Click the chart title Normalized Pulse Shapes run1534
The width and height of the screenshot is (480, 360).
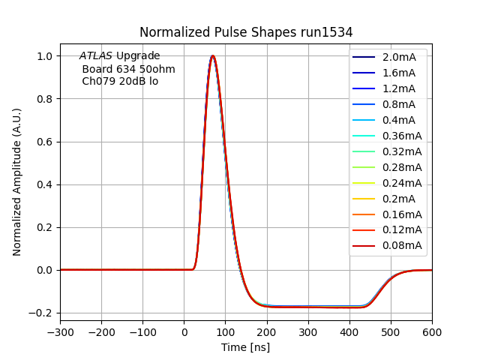(x=246, y=32)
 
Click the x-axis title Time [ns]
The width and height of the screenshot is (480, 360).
(x=245, y=347)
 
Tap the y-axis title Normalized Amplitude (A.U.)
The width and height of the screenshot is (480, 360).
(x=17, y=181)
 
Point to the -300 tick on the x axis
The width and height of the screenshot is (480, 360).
(x=60, y=331)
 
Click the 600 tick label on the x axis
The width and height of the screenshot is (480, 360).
(x=432, y=331)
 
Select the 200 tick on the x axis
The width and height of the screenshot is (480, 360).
(x=266, y=331)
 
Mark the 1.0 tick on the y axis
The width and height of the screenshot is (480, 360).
(x=46, y=56)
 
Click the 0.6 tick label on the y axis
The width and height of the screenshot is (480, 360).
(x=46, y=142)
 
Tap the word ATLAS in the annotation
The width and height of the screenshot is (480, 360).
(x=96, y=56)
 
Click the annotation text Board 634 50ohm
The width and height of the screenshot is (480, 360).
(x=128, y=69)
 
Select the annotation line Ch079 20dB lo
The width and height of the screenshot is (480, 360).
(x=120, y=81)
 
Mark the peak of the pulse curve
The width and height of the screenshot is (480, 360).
(x=213, y=55)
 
